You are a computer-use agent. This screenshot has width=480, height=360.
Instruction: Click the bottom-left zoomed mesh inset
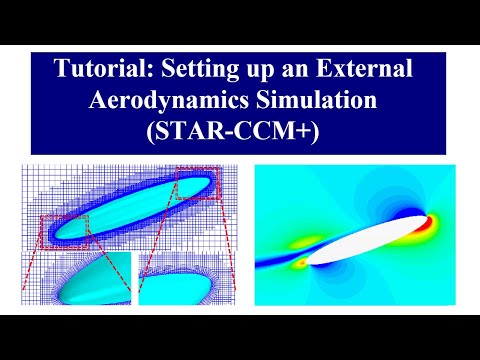coord(76,280)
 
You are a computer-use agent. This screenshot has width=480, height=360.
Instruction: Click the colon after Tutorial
coord(139,71)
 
